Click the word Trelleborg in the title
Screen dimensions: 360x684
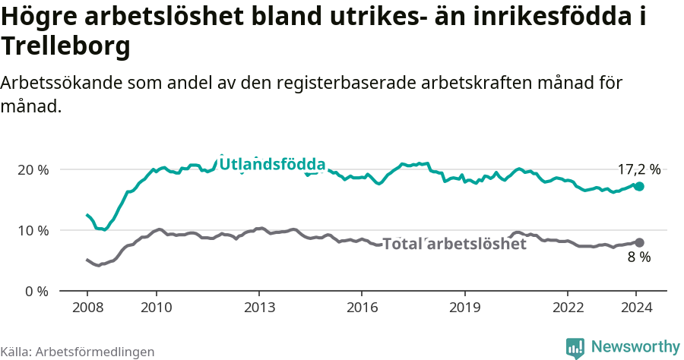pos(66,47)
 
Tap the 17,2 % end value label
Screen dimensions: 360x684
pos(638,170)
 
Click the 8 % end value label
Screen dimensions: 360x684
pos(638,257)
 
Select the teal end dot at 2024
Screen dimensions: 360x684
pos(639,186)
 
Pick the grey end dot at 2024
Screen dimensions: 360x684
pos(639,242)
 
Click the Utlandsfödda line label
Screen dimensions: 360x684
pos(272,164)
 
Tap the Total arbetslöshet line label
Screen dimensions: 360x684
pos(454,244)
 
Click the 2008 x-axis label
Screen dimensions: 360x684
pos(87,307)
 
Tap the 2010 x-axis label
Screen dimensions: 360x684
pos(156,307)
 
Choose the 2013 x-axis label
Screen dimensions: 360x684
pos(258,307)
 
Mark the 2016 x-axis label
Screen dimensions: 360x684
pos(361,307)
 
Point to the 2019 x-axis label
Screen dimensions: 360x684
pos(464,307)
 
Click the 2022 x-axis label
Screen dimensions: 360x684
pos(566,307)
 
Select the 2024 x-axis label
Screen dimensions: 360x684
pos(635,307)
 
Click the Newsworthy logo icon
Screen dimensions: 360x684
pos(575,347)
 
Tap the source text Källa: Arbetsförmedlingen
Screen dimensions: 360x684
pos(78,352)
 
